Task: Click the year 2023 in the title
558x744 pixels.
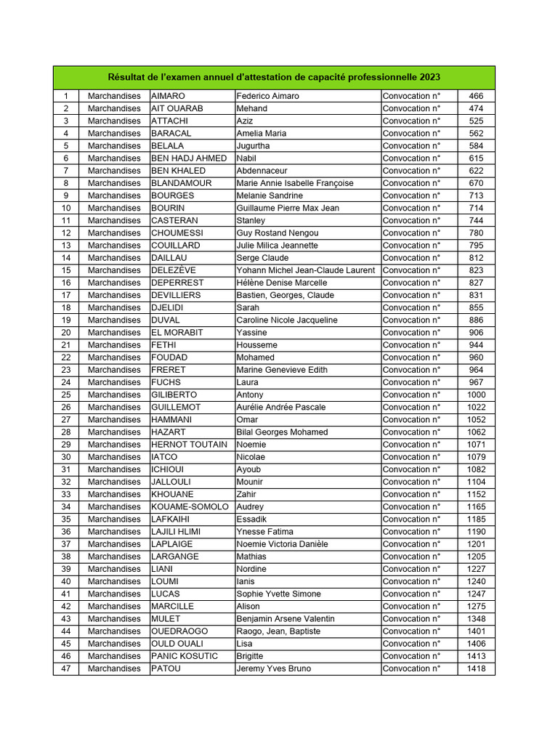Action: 429,77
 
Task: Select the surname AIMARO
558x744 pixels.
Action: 168,96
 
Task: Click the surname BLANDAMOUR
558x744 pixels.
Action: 181,183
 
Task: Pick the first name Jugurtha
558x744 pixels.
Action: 253,145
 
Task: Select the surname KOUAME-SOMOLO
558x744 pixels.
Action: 190,506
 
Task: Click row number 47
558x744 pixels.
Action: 66,668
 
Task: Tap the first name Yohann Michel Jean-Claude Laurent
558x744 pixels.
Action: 305,270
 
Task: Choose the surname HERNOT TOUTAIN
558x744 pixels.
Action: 189,444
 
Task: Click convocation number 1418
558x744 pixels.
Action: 475,668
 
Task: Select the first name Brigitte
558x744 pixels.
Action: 250,656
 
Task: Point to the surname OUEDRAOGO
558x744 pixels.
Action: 179,631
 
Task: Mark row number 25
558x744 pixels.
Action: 66,395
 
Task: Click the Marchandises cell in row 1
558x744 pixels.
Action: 114,96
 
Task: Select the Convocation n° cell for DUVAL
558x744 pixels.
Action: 411,320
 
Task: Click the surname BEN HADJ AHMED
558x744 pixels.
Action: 189,158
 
